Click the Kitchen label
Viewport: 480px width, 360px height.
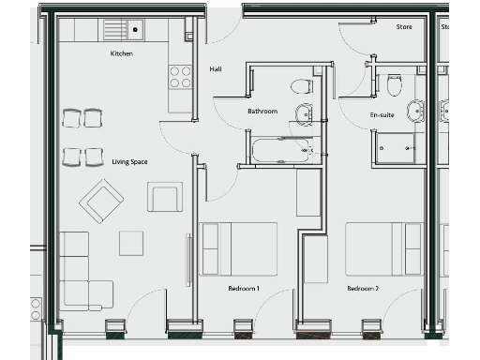(x=122, y=54)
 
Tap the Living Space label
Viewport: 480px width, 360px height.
(x=129, y=162)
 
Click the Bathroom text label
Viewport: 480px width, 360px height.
(x=262, y=112)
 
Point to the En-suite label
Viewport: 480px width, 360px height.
(x=382, y=114)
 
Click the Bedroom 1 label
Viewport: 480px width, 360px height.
(x=244, y=289)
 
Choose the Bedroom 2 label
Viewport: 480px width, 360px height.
(x=363, y=289)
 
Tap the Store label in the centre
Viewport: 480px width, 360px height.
(x=404, y=27)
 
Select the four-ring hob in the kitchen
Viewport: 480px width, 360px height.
(x=180, y=77)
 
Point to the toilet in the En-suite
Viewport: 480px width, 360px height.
(x=393, y=86)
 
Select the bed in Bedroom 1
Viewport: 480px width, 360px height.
(x=239, y=248)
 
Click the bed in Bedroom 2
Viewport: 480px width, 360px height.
(x=384, y=248)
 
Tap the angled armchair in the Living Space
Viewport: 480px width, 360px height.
(x=101, y=202)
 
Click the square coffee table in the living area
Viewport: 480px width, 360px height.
(x=131, y=243)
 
